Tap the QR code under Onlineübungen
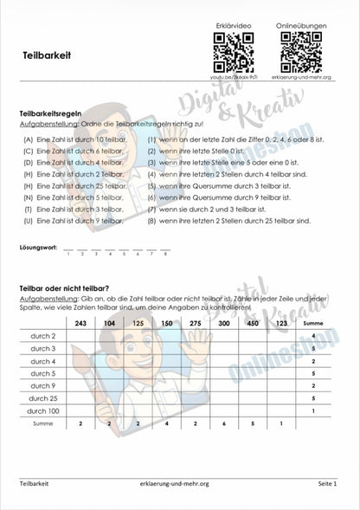(301, 52)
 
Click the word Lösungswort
(37, 249)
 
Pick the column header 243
(80, 322)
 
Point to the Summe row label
(42, 425)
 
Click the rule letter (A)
(29, 139)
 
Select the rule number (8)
(151, 221)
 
